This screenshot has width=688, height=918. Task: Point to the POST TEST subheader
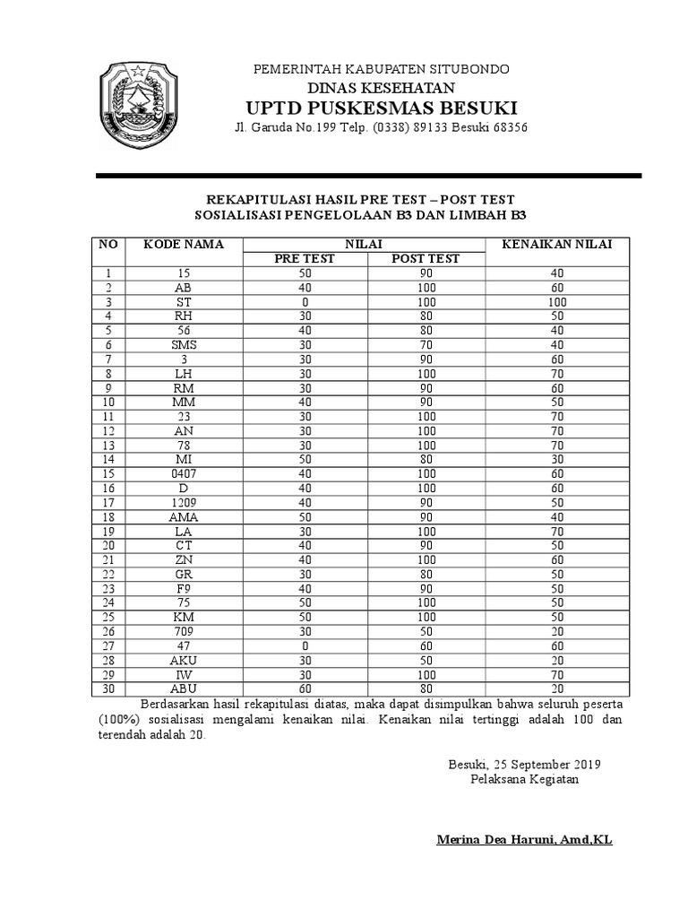click(426, 259)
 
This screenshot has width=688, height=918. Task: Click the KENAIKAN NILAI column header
click(556, 244)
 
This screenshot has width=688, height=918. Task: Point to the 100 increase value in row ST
click(556, 302)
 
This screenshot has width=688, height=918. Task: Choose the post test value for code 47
click(426, 646)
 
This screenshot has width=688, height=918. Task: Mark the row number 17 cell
click(109, 503)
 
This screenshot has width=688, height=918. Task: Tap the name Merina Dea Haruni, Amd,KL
click(524, 840)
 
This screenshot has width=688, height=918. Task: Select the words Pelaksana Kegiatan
click(524, 779)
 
